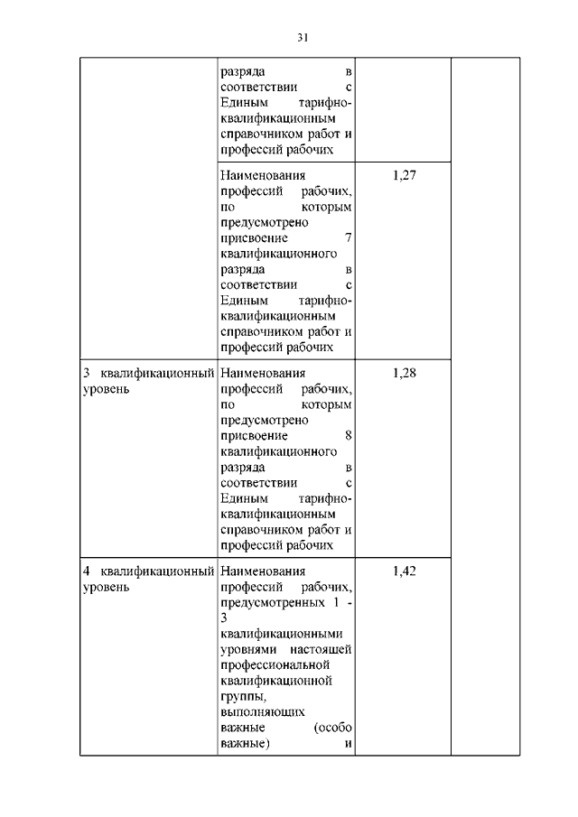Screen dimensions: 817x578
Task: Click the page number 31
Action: tap(303, 37)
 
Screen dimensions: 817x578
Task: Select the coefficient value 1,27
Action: tap(404, 174)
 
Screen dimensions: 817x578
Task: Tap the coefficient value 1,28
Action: tap(404, 372)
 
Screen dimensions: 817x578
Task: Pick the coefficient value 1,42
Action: tap(404, 571)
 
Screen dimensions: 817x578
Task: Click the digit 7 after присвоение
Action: tap(348, 238)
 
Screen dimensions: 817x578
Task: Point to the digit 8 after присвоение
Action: tap(348, 436)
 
